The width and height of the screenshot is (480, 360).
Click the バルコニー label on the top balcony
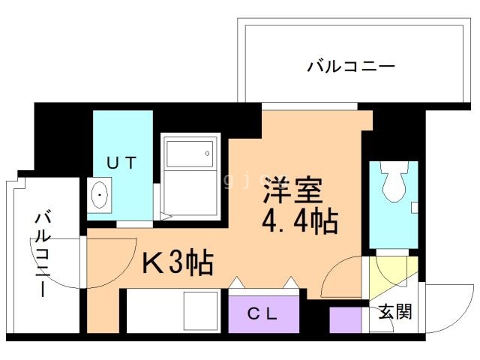click(x=350, y=67)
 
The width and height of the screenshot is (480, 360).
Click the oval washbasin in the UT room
click(x=99, y=196)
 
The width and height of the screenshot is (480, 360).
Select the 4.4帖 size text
click(x=299, y=221)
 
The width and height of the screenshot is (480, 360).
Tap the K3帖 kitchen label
click(x=178, y=263)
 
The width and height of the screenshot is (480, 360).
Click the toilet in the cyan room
click(x=393, y=181)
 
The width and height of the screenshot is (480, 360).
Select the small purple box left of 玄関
click(x=345, y=319)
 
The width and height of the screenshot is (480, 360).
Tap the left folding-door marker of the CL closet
click(x=236, y=283)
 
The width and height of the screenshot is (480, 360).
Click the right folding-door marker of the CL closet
click(x=291, y=283)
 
